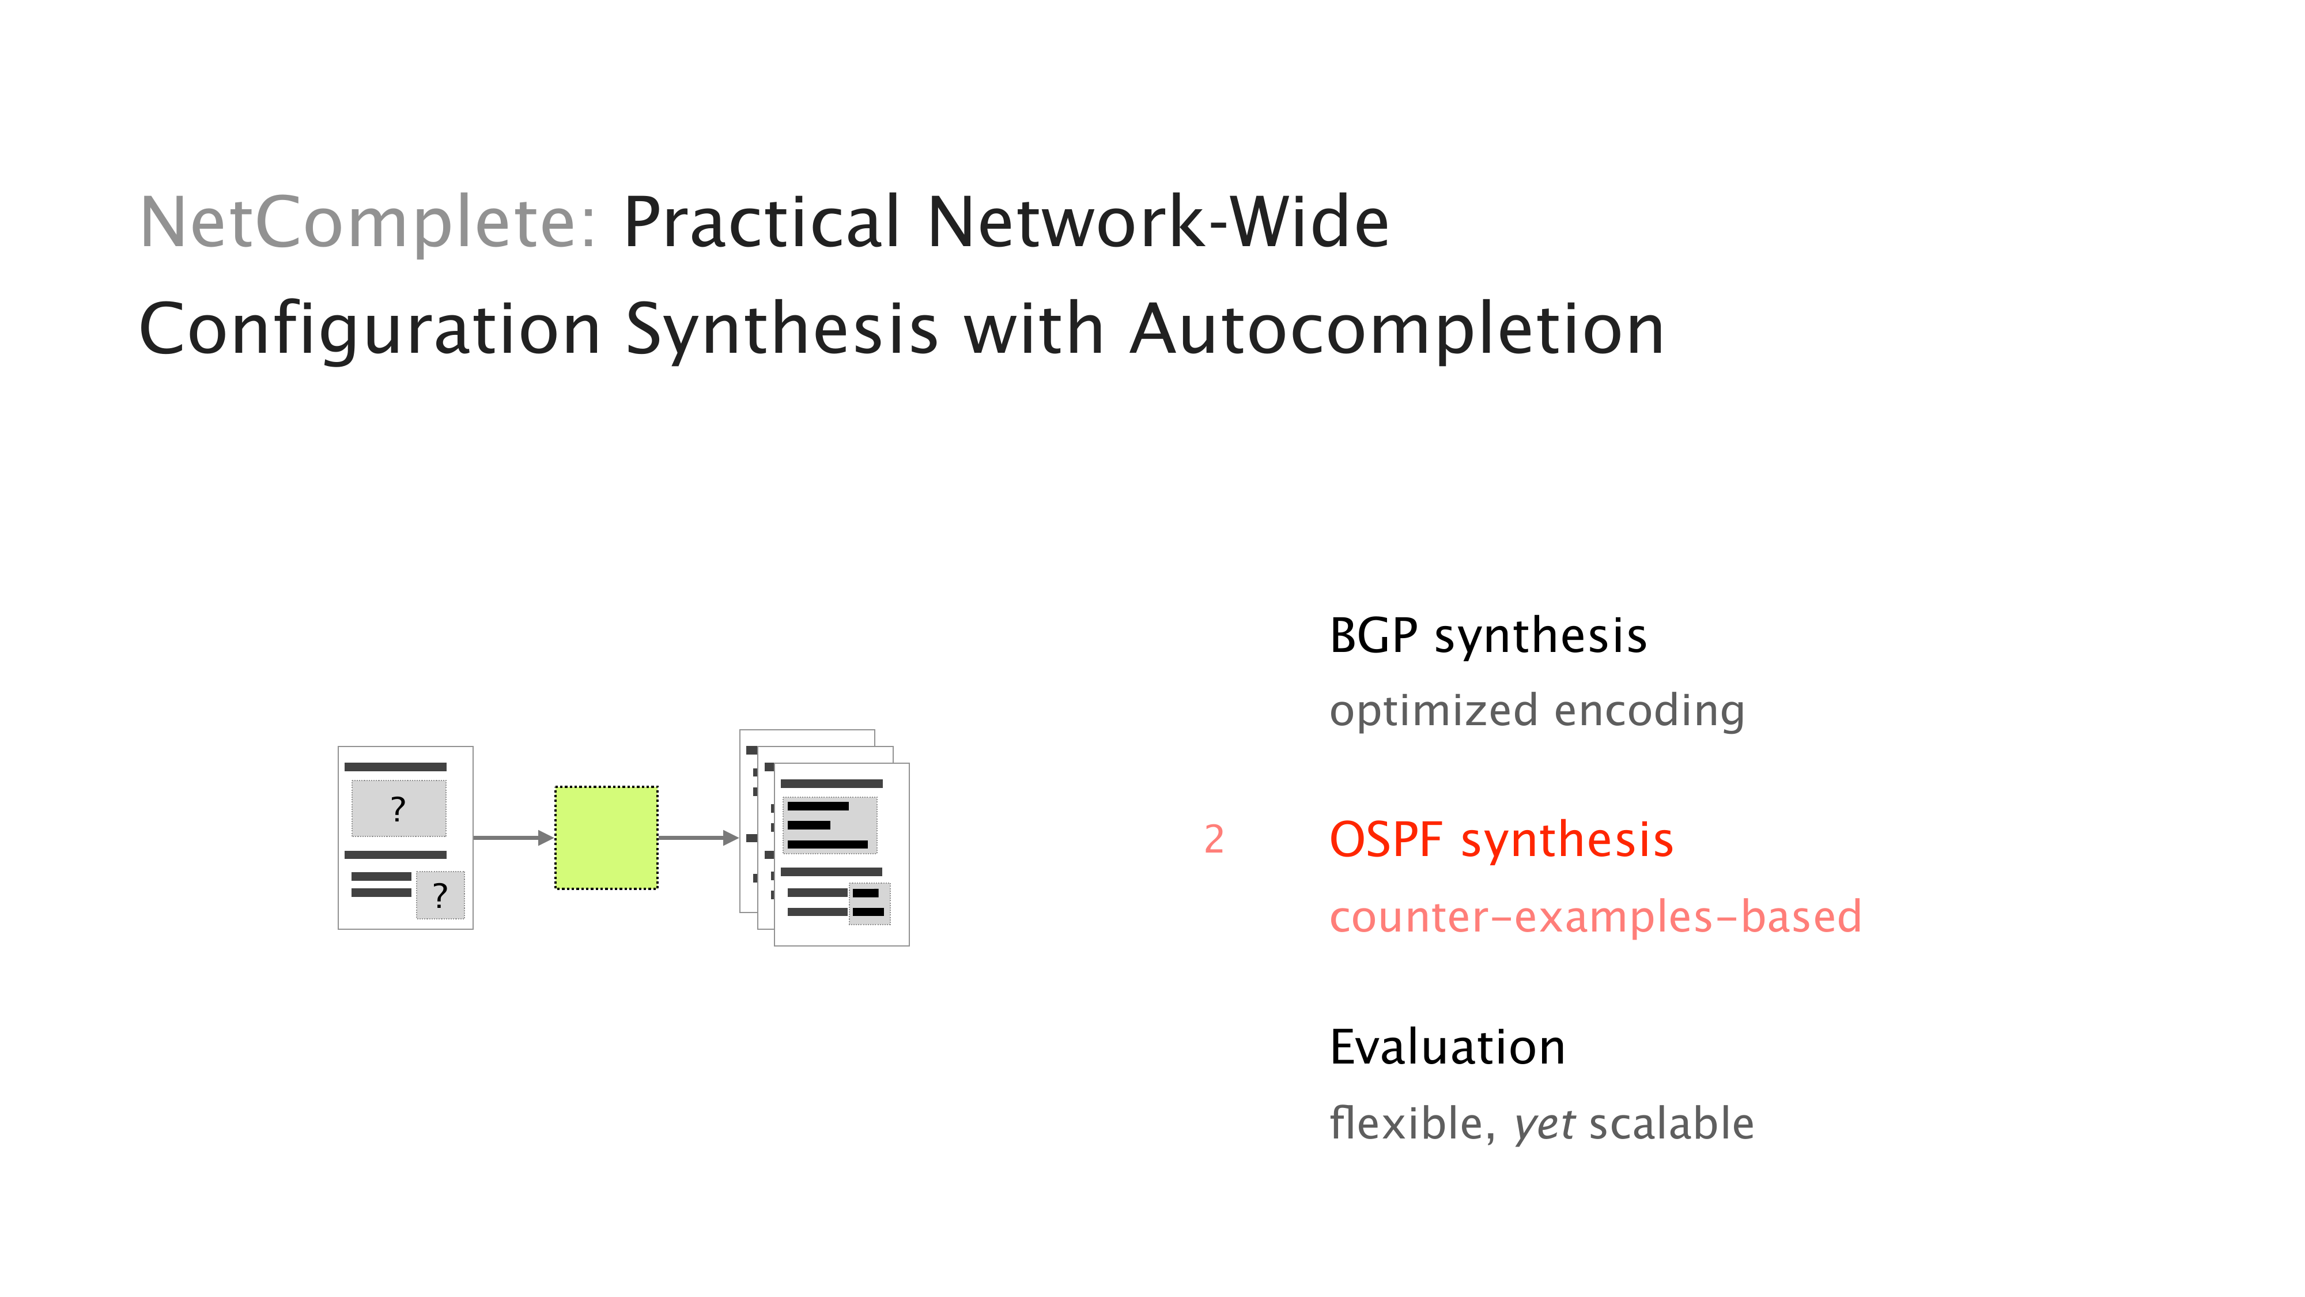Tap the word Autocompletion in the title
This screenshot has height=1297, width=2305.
1396,329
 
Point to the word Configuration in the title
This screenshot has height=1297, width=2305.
369,329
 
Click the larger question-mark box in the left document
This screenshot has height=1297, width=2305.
398,808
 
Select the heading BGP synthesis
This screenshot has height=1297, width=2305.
1487,636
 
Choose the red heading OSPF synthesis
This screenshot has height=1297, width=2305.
1501,840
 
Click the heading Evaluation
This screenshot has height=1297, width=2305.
1447,1047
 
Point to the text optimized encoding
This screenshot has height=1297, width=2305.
1536,711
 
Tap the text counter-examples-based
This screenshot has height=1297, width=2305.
1594,917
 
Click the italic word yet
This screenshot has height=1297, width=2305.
1544,1124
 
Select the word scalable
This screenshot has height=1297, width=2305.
1671,1124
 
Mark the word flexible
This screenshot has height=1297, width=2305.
1412,1124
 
